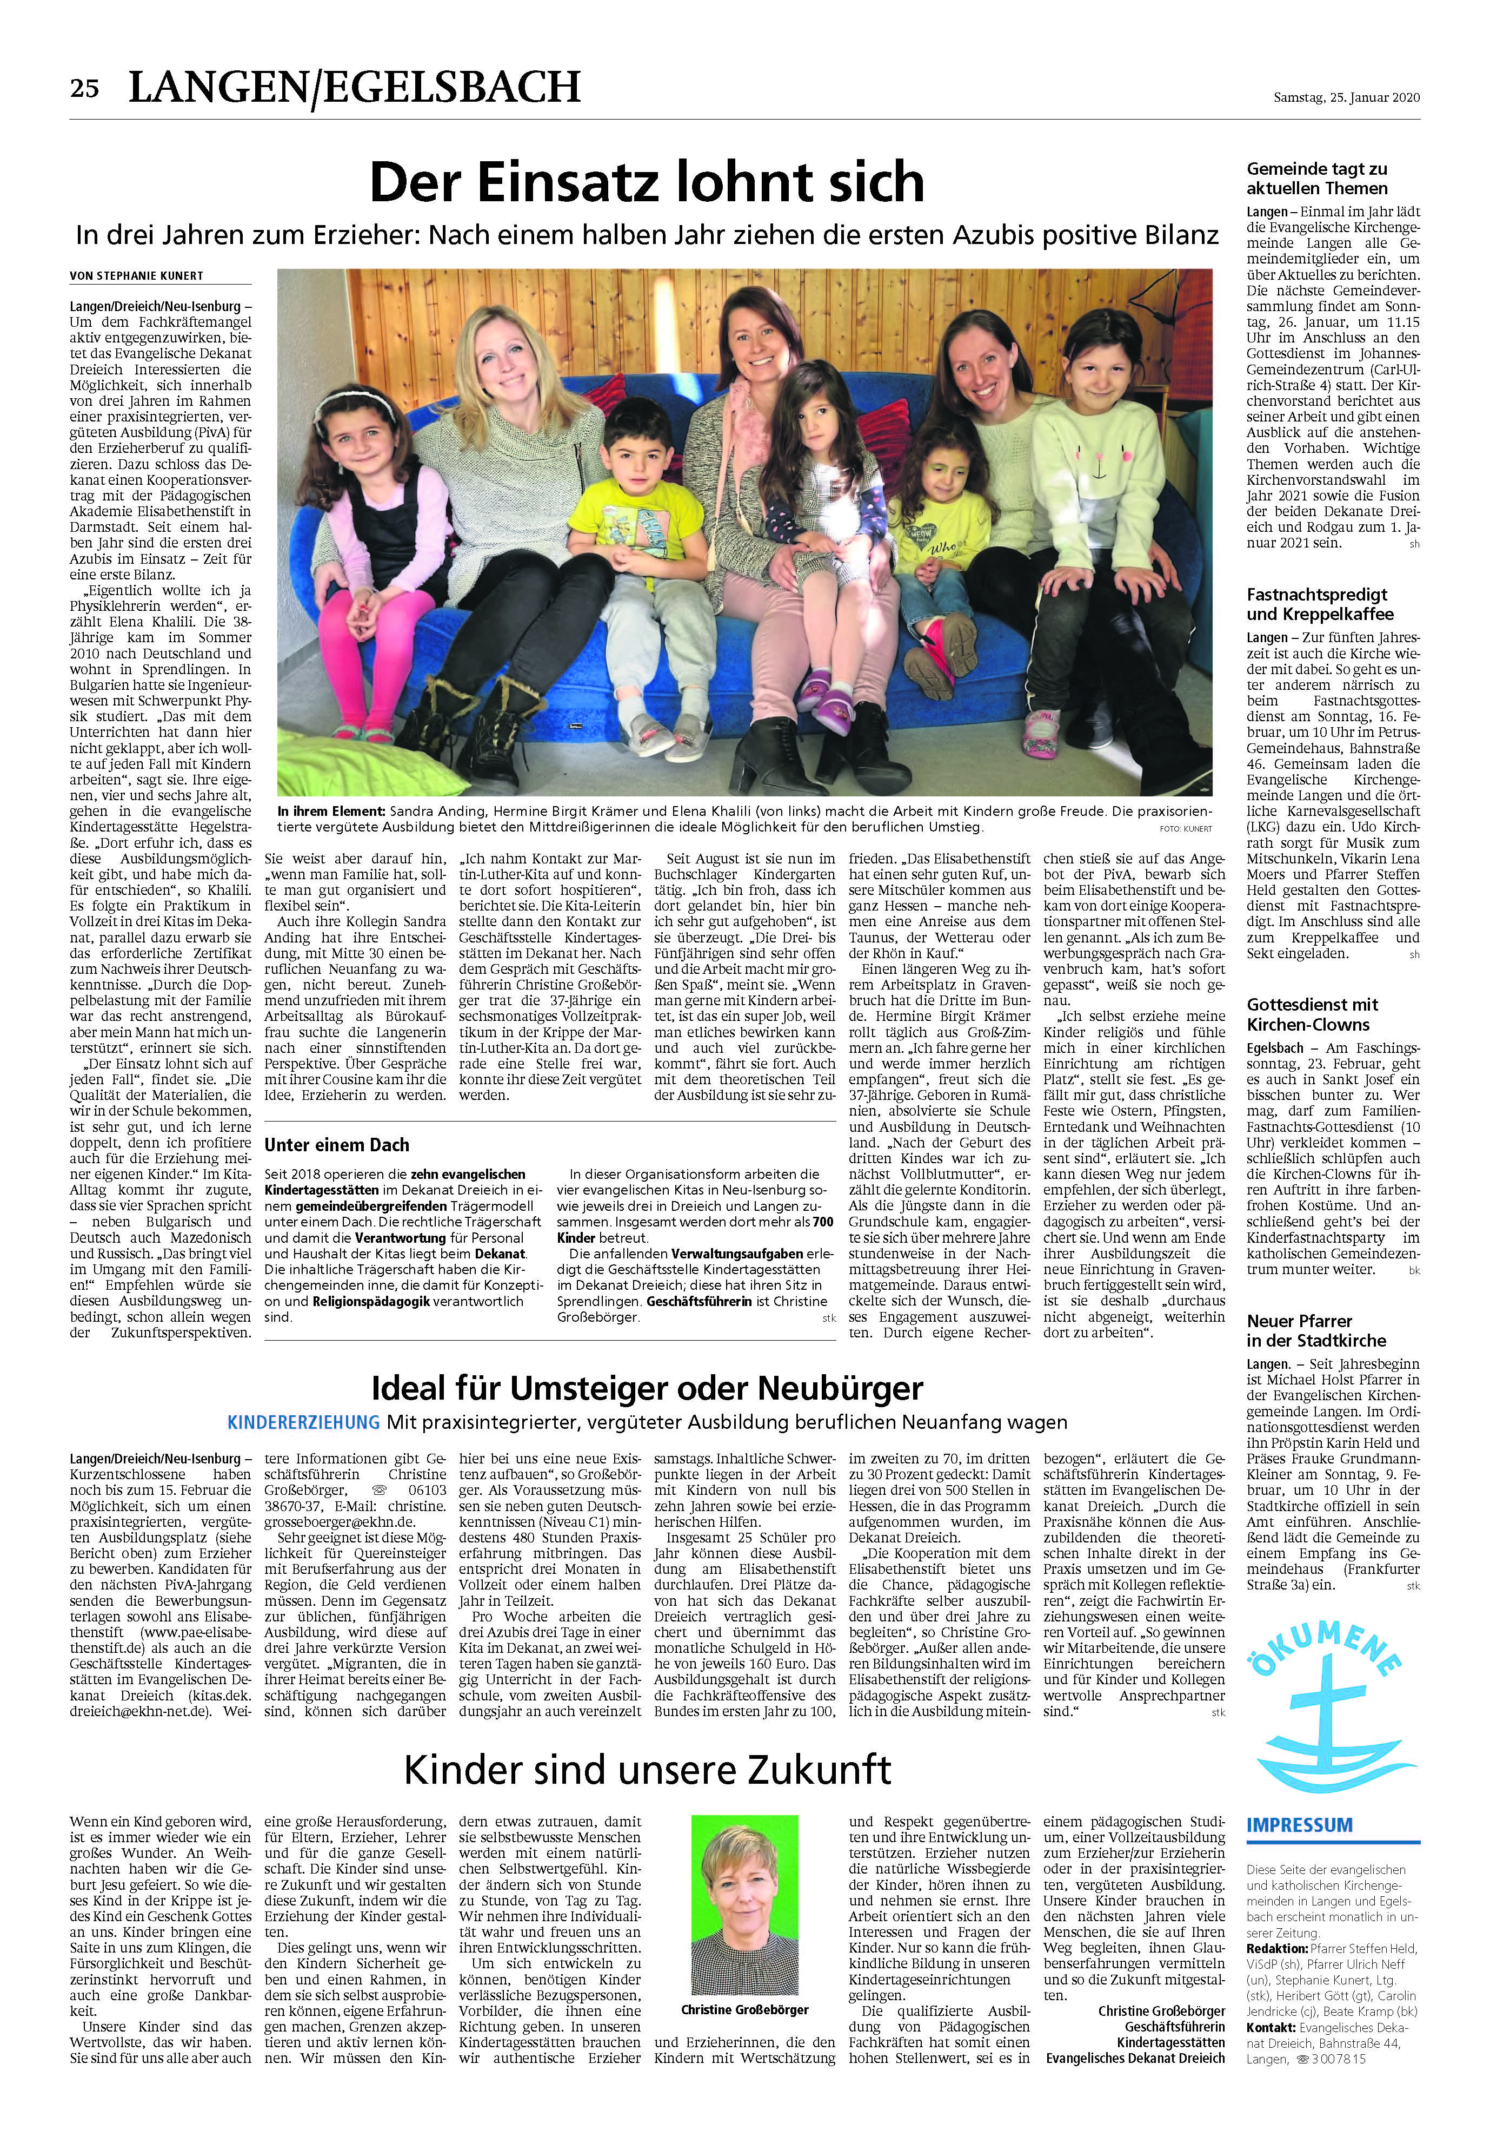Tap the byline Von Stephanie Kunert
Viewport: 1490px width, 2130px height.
pos(136,275)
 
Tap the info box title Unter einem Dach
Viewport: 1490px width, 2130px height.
pos(337,1145)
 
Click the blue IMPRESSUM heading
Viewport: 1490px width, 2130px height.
pos(1299,1825)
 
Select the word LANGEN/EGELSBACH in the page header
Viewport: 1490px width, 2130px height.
pos(354,88)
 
